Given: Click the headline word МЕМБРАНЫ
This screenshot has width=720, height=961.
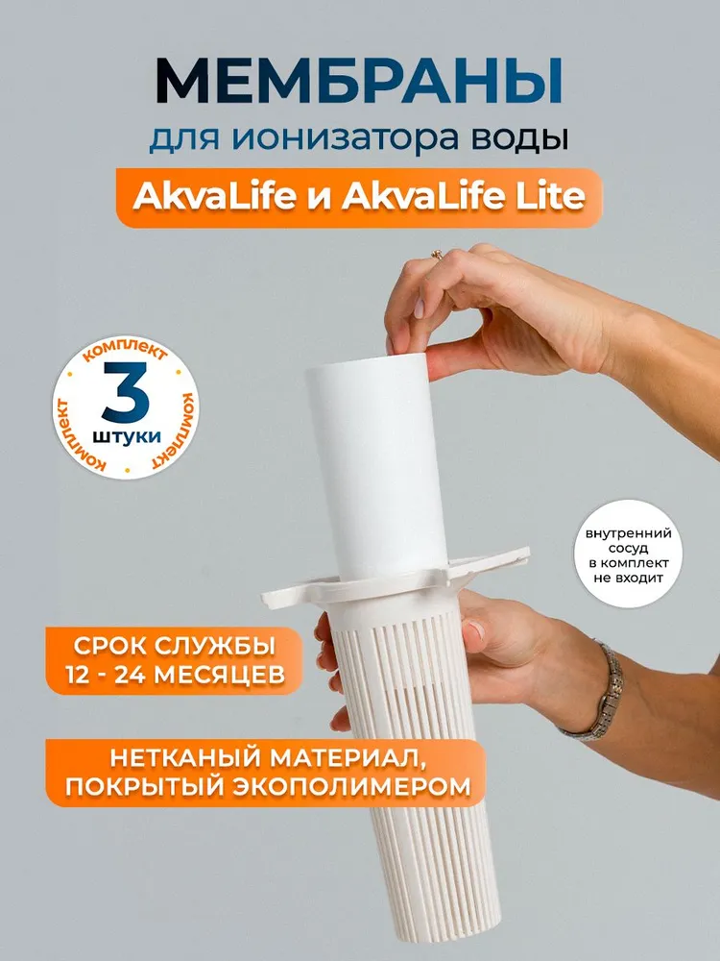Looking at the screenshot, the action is pos(359,82).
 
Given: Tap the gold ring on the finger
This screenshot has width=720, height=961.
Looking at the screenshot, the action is pos(437,255).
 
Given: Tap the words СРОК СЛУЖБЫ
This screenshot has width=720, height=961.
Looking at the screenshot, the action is pos(174,646).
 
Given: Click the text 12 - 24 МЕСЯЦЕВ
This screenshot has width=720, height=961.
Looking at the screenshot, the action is pos(175,675).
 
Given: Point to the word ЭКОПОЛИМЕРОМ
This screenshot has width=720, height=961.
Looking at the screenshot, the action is pos(351,786).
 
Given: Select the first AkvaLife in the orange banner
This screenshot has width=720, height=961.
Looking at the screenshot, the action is pos(214,197).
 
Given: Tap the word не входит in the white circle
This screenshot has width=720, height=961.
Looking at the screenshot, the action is pos(628,578).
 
